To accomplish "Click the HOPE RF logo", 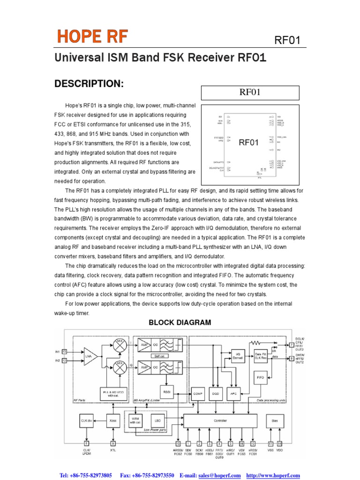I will coord(92,36).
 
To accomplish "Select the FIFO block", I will coord(261,377).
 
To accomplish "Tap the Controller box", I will coord(220,420).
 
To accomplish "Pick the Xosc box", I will coord(113,420).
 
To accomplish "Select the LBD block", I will coord(157,420).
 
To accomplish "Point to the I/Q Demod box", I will coord(238,355).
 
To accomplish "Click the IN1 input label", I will coord(58,351).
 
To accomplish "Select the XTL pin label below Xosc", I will coord(113,450).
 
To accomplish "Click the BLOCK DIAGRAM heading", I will coord(180,322).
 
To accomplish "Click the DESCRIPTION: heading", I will coord(89,84).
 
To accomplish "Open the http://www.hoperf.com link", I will coord(273,475).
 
